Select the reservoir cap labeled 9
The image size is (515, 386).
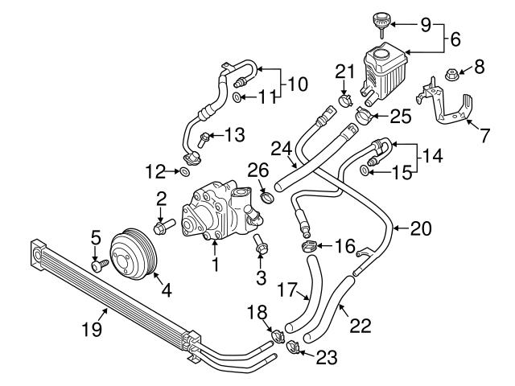(381, 18)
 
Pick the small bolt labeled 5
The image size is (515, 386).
(97, 265)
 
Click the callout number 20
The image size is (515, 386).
(420, 228)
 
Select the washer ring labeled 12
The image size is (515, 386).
(186, 171)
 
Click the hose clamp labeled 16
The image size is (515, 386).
(308, 246)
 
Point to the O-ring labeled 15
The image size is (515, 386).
(368, 170)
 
